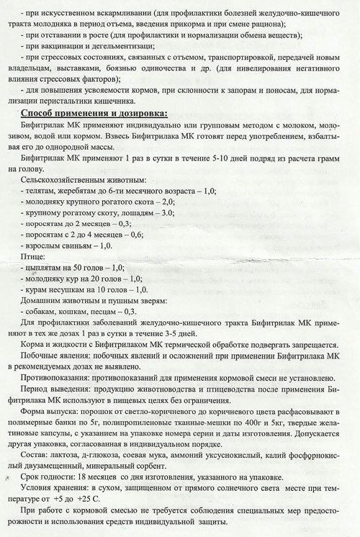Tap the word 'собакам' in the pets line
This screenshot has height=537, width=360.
(43, 311)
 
